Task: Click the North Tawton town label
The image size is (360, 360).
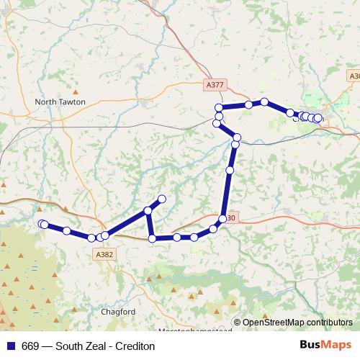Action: coord(60,102)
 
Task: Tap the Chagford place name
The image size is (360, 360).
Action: coord(119,312)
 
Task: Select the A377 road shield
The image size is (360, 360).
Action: coord(215,85)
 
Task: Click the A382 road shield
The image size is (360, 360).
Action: coord(104,254)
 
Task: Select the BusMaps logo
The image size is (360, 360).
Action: coord(325,346)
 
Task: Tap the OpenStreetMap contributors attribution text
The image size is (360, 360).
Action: coord(297,323)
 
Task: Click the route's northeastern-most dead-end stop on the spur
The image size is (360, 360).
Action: coord(162,199)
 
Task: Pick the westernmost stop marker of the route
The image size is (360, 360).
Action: coord(42,224)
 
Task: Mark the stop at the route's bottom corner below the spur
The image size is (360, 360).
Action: coord(152,238)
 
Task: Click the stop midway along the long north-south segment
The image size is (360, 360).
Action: coord(230,171)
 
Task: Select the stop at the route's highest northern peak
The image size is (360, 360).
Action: coord(264,102)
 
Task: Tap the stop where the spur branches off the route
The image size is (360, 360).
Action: coord(148,211)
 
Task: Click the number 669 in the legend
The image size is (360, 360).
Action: coord(31,346)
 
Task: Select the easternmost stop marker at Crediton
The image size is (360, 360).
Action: coord(318,118)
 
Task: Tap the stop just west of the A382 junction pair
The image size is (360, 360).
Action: coord(91,238)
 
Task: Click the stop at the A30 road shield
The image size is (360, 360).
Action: coord(223,219)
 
